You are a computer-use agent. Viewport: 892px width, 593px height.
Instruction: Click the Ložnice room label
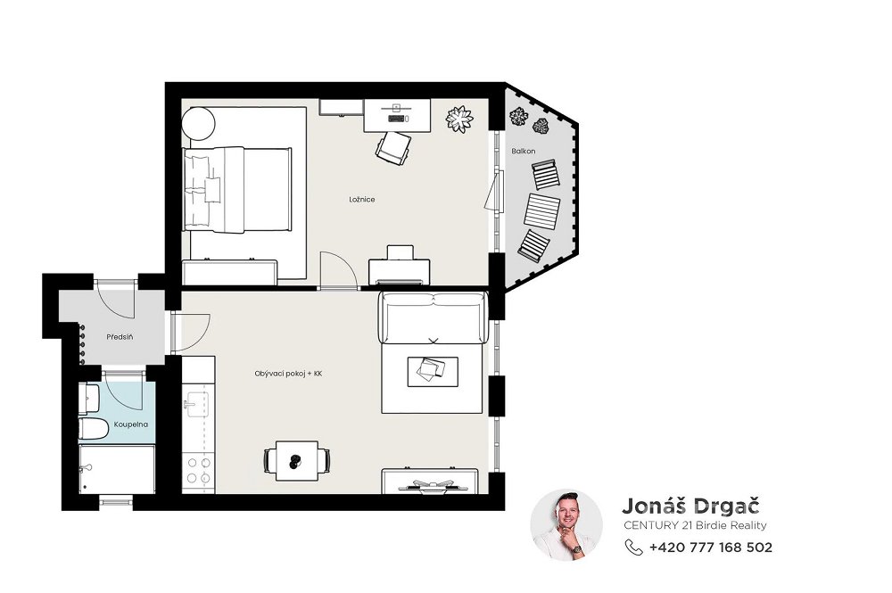tap(362, 200)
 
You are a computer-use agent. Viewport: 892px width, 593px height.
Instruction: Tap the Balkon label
tap(524, 152)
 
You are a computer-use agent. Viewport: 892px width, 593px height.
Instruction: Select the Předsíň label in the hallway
tap(120, 337)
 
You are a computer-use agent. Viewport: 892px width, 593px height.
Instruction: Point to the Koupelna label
tap(131, 424)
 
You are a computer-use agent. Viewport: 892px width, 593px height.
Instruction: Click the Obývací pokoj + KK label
tap(288, 375)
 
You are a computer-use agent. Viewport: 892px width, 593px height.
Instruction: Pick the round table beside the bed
tap(199, 123)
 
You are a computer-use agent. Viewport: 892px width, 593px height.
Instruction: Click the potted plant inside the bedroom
tap(459, 119)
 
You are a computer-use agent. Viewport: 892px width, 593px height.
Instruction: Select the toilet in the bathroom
tap(93, 429)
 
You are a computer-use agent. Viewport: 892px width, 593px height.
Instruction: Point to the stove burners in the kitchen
tap(199, 471)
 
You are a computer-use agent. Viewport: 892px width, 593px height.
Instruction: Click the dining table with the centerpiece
tap(297, 460)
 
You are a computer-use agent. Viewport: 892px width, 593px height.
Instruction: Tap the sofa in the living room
tap(434, 317)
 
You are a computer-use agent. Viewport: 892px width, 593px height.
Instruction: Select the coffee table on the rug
tap(433, 371)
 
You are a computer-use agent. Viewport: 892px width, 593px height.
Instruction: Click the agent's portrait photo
tap(566, 524)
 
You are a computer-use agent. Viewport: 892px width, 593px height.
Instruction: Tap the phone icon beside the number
tap(633, 547)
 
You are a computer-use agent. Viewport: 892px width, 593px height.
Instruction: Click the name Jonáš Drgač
tap(690, 506)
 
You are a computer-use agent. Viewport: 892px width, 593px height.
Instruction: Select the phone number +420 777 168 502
tap(711, 547)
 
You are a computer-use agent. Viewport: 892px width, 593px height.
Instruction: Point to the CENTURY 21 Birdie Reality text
tap(695, 525)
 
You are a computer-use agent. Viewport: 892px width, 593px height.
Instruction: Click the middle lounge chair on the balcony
tap(542, 210)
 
